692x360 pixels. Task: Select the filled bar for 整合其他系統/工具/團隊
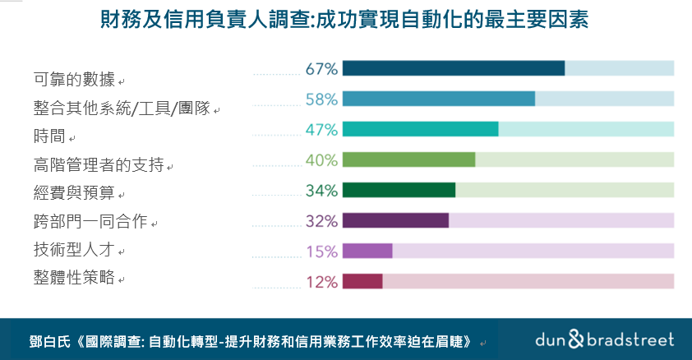pyautogui.click(x=439, y=99)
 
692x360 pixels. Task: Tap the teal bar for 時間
pyautogui.click(x=421, y=129)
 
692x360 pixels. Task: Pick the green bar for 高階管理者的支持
pyautogui.click(x=408, y=159)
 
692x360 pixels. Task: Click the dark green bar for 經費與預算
pyautogui.click(x=399, y=190)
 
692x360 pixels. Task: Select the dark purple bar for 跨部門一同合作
pyautogui.click(x=395, y=220)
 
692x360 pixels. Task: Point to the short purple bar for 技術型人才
pyautogui.click(x=367, y=251)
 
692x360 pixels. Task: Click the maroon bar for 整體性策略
pyautogui.click(x=362, y=281)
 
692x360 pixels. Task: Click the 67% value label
pyautogui.click(x=321, y=69)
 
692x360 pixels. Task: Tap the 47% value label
pyautogui.click(x=321, y=130)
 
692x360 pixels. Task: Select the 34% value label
pyautogui.click(x=321, y=191)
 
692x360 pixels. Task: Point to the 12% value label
pyautogui.click(x=321, y=282)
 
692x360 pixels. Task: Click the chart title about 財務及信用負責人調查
pyautogui.click(x=345, y=19)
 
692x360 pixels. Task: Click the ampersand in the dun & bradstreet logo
pyautogui.click(x=576, y=339)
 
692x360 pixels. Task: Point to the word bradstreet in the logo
pyautogui.click(x=630, y=339)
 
